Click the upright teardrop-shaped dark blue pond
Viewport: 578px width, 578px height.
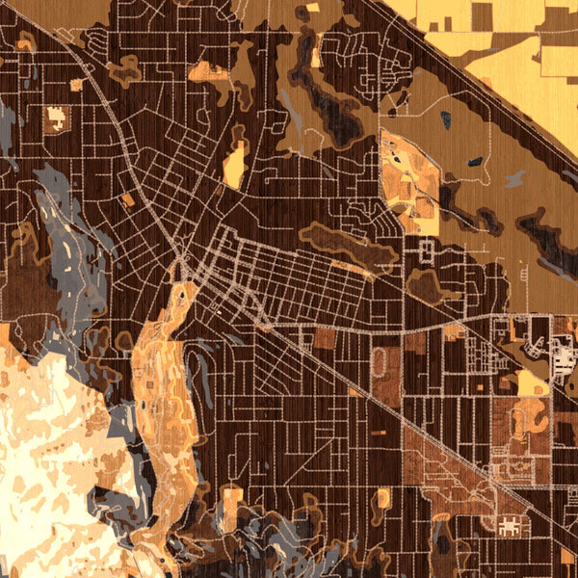pos(445,120)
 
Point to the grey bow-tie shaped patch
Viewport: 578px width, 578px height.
pos(514,178)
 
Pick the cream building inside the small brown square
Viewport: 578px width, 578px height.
pos(55,119)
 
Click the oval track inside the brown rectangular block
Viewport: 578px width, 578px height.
pos(381,364)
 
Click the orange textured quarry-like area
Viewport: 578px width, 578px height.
pos(409,183)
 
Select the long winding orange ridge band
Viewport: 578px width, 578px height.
pos(159,385)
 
